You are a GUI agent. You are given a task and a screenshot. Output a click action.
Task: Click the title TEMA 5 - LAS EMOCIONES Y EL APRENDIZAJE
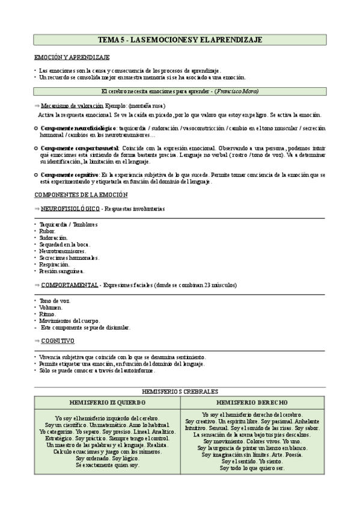click(180, 40)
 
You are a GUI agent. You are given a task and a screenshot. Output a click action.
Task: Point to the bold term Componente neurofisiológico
click(78, 129)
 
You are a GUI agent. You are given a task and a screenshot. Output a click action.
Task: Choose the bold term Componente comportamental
click(79, 148)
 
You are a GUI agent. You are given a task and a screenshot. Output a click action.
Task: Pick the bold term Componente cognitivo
click(70, 175)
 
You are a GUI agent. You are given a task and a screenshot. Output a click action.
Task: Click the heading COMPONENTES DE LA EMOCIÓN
click(80, 195)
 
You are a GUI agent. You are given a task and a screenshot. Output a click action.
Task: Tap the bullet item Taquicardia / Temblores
click(68, 224)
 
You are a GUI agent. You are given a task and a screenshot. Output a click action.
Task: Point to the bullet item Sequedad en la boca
click(64, 244)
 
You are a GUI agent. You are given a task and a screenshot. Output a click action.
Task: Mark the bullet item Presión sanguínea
click(62, 271)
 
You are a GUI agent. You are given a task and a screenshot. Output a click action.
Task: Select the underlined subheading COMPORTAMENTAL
click(70, 284)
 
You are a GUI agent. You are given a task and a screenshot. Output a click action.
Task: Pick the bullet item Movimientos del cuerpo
click(69, 321)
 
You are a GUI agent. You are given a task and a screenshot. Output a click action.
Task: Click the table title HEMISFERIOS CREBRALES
click(180, 392)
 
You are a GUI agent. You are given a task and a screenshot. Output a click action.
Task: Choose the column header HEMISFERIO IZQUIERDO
click(107, 402)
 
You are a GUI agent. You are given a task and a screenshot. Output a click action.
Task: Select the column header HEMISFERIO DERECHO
click(252, 402)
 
